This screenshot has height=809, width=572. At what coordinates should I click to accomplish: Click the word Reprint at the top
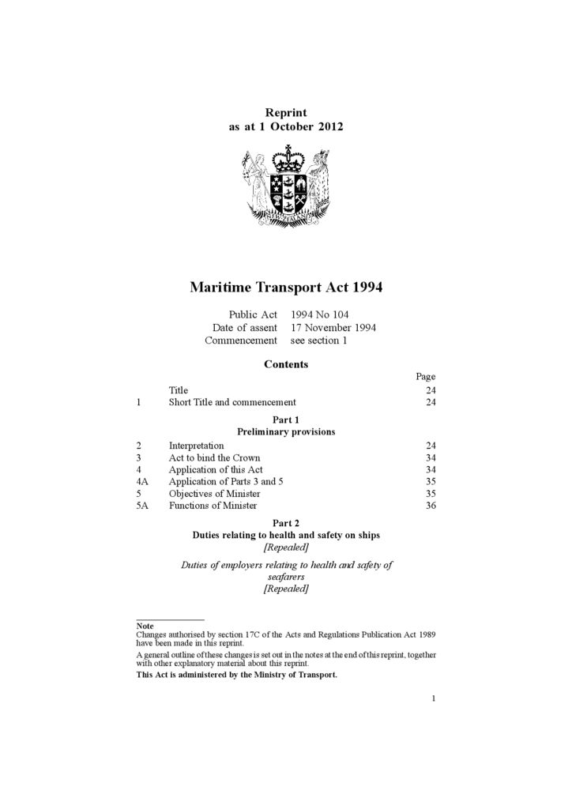tap(286, 113)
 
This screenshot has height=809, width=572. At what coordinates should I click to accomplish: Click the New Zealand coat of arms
tap(285, 186)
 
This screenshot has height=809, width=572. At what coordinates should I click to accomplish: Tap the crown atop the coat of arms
tap(286, 153)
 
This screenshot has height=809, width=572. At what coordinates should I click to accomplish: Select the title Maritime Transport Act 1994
tap(286, 288)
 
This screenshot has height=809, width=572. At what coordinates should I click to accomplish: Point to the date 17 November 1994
tap(333, 328)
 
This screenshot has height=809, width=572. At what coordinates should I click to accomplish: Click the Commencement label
tap(241, 341)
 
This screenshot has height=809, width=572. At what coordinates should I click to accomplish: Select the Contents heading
tap(286, 365)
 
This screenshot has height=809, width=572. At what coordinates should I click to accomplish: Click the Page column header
tap(426, 377)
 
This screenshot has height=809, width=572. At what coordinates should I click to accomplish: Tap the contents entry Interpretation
tap(196, 446)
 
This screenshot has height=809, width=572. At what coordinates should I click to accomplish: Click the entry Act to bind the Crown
tap(214, 457)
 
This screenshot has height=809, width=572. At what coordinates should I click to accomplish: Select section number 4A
tap(142, 481)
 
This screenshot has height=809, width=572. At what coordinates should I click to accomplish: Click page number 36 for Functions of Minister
tap(431, 506)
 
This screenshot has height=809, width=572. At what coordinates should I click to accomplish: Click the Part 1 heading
tap(286, 420)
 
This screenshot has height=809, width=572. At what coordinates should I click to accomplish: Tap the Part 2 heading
tap(286, 523)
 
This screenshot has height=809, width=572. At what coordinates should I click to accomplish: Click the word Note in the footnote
tap(145, 626)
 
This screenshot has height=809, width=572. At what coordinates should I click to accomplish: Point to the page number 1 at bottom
tap(434, 698)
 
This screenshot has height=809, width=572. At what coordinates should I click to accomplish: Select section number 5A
tap(142, 506)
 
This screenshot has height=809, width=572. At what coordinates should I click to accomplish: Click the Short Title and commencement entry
tap(232, 402)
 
